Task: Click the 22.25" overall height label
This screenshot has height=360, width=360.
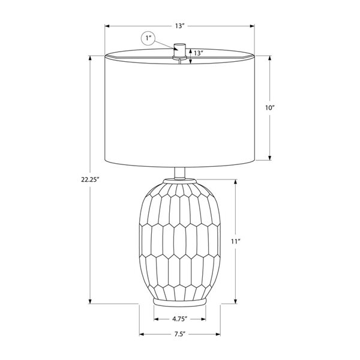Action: pos(90,179)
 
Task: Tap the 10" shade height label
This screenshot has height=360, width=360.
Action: pos(270,107)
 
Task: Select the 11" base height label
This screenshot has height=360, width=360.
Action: pos(236,241)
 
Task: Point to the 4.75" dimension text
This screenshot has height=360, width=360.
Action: pos(180,319)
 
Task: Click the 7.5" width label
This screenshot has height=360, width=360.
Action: pos(179,334)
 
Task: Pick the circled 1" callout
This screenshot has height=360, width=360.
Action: pos(148,38)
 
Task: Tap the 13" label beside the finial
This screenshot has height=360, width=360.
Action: pos(199,53)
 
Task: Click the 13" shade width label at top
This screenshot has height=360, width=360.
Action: pos(180,26)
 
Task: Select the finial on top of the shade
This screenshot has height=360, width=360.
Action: pos(179,50)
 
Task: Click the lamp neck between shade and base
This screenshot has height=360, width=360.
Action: pos(180,173)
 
